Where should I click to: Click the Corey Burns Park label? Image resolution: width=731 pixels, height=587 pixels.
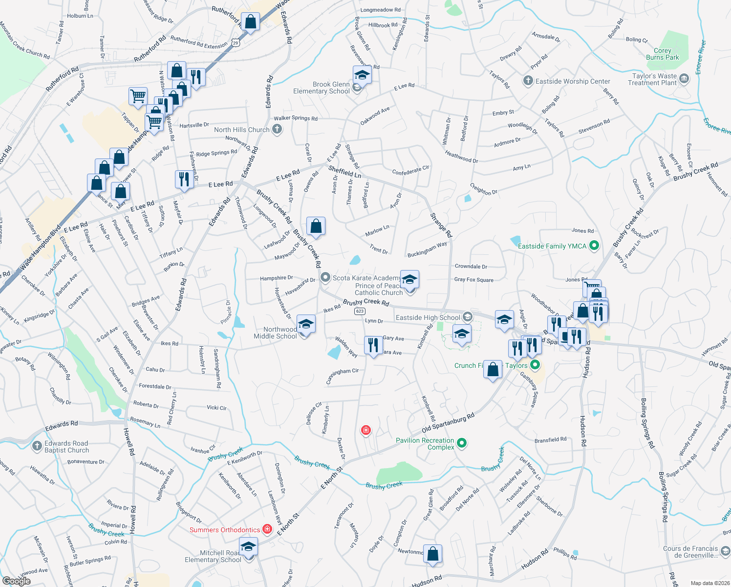(x=662, y=54)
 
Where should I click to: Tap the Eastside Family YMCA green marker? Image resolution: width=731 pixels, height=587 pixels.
(x=594, y=246)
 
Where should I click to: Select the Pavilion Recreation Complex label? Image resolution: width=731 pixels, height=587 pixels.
(x=425, y=444)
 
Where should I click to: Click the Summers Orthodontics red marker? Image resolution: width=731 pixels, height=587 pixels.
(x=267, y=529)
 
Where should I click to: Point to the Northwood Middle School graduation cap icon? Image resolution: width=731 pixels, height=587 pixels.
(x=306, y=324)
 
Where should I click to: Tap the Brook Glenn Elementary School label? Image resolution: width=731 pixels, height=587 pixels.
(x=321, y=88)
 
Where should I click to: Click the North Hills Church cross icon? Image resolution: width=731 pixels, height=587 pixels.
(x=277, y=130)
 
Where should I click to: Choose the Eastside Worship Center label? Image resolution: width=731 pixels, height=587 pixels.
(x=573, y=81)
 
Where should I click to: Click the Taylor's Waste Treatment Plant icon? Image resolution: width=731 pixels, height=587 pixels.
(x=685, y=78)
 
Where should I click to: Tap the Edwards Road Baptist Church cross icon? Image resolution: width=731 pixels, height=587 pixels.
(x=37, y=446)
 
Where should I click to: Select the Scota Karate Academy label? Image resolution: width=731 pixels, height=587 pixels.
(x=366, y=278)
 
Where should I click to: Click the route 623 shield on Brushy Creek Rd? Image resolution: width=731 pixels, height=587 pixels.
(x=360, y=311)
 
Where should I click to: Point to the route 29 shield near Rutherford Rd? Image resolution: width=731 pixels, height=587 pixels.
(x=236, y=43)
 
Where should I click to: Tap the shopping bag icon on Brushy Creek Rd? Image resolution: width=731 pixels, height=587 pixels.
(x=316, y=226)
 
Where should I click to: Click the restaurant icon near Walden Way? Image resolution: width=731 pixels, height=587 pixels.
(x=373, y=344)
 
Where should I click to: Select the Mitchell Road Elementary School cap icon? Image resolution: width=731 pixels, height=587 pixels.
(x=248, y=546)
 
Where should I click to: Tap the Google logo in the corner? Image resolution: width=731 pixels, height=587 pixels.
(x=16, y=581)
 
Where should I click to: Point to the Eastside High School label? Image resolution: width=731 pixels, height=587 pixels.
(x=428, y=317)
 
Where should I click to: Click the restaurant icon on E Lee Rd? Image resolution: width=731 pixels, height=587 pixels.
(x=184, y=179)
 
